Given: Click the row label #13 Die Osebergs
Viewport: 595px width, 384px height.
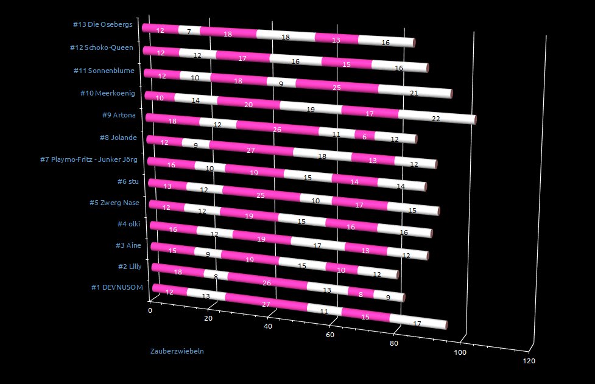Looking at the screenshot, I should click(x=102, y=25).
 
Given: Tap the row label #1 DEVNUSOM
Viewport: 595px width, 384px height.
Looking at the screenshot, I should click(x=116, y=288).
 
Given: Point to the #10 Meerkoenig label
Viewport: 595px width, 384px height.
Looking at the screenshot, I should click(x=108, y=93).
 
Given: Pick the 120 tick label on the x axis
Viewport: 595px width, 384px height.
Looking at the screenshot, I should click(x=529, y=361).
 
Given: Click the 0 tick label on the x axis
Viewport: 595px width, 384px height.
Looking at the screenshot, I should click(x=150, y=310).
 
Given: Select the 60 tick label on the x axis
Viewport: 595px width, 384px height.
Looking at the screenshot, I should click(x=331, y=335).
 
